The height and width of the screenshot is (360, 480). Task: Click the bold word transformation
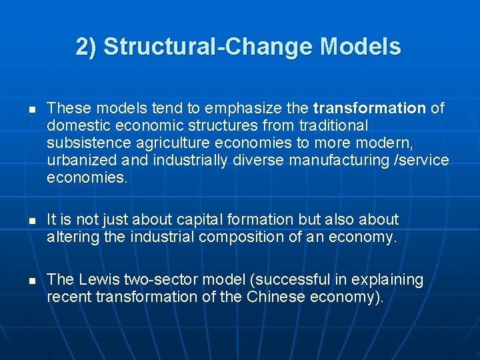pos(369,108)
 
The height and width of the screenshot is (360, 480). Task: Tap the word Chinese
pos(275,297)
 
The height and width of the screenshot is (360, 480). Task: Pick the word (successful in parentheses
pos(283,279)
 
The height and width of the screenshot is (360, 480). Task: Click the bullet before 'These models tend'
pos(23,109)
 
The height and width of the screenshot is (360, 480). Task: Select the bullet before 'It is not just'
pos(23,220)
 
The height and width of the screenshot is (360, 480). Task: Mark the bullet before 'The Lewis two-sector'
pos(23,280)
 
